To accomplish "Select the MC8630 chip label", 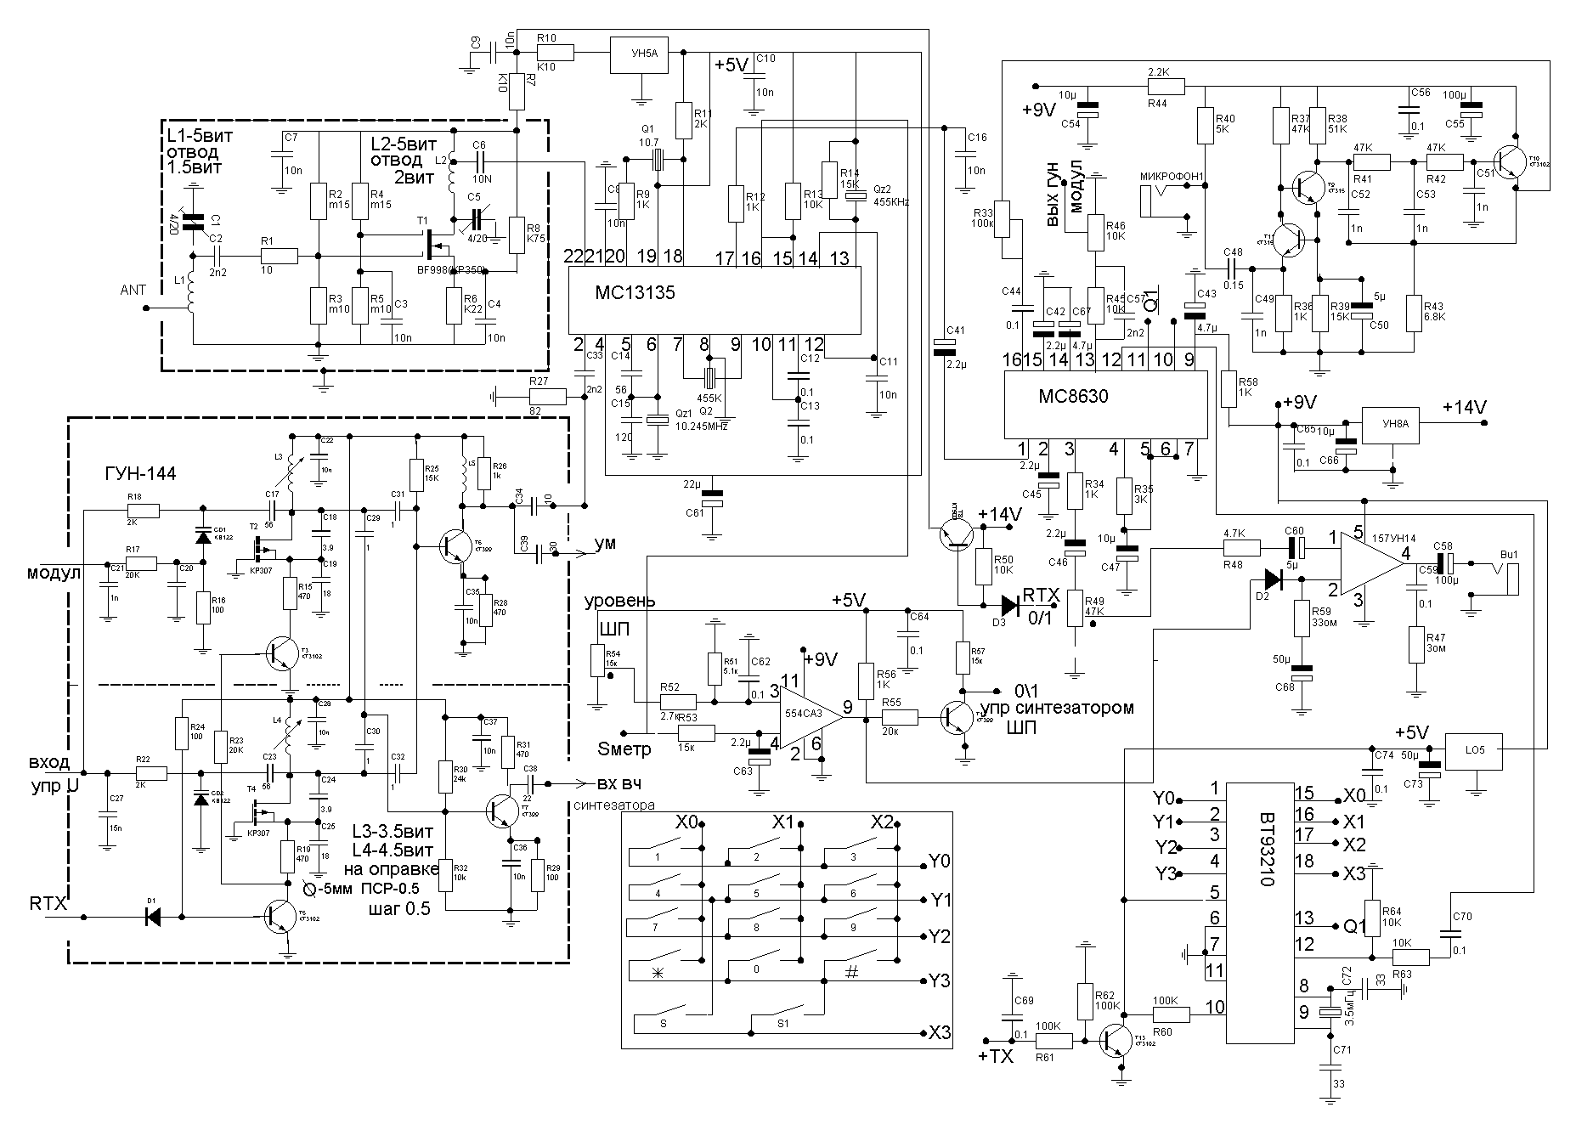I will click(x=1073, y=397).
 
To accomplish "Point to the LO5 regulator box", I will click(x=1474, y=750).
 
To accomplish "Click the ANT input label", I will click(x=134, y=291).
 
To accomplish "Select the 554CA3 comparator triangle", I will click(x=808, y=715).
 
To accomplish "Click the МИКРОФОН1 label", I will click(x=1173, y=176).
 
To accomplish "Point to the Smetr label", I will click(x=624, y=749).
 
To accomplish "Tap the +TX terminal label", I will click(x=995, y=1057).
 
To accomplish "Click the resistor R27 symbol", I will click(x=548, y=396).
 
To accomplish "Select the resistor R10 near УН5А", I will click(x=556, y=54).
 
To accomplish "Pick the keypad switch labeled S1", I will click(x=783, y=1024).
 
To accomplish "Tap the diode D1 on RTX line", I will click(x=154, y=917).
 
